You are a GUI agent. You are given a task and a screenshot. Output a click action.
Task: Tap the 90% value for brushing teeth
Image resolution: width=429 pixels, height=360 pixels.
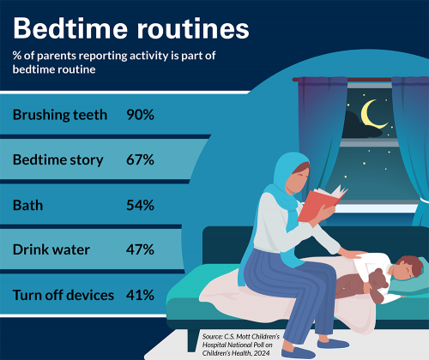pos(140,114)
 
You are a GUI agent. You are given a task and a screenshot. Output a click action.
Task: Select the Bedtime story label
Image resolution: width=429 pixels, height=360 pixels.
pos(58,159)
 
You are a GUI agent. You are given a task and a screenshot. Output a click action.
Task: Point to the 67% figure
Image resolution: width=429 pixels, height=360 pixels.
pos(140,159)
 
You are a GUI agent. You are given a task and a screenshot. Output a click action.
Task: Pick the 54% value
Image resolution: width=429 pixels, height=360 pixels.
pos(140,205)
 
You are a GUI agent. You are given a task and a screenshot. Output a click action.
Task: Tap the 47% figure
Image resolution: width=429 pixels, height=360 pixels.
pos(140,250)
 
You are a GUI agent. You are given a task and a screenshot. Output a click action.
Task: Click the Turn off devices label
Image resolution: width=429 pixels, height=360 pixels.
pos(63,295)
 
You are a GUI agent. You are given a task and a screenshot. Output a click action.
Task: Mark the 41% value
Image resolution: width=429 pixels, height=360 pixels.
pos(140,295)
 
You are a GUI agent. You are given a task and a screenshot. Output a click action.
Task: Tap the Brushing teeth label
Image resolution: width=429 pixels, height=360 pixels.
pos(60,114)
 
